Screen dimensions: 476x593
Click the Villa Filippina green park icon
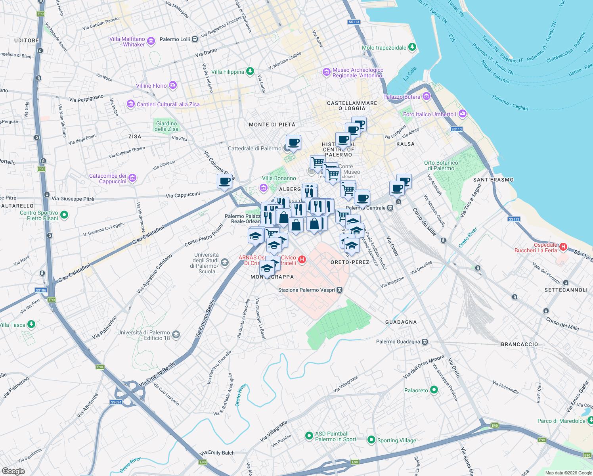point(250,71)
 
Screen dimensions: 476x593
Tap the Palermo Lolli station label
point(175,39)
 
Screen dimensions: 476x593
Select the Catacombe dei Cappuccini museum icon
point(132,178)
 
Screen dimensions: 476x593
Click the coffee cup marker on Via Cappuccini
point(224,182)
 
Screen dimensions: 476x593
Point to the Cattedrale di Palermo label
point(254,148)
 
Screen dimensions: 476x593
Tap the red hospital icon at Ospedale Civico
point(302,260)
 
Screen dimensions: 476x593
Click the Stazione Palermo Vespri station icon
point(339,290)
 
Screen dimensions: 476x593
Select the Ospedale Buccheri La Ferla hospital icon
point(563,248)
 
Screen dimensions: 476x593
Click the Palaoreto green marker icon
point(434,390)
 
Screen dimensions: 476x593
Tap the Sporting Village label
point(396,440)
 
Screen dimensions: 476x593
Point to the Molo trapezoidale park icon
point(412,47)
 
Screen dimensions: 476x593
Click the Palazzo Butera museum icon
point(427,96)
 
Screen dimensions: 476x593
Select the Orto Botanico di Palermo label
point(441,165)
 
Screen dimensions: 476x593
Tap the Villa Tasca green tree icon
point(31,324)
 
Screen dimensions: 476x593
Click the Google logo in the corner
point(13,471)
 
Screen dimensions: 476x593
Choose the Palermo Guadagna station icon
point(425,342)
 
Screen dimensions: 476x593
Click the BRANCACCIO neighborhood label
point(519,344)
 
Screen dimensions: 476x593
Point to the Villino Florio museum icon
point(172,85)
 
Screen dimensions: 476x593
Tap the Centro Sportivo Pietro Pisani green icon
point(64,215)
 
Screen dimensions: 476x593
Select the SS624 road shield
point(116,402)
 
